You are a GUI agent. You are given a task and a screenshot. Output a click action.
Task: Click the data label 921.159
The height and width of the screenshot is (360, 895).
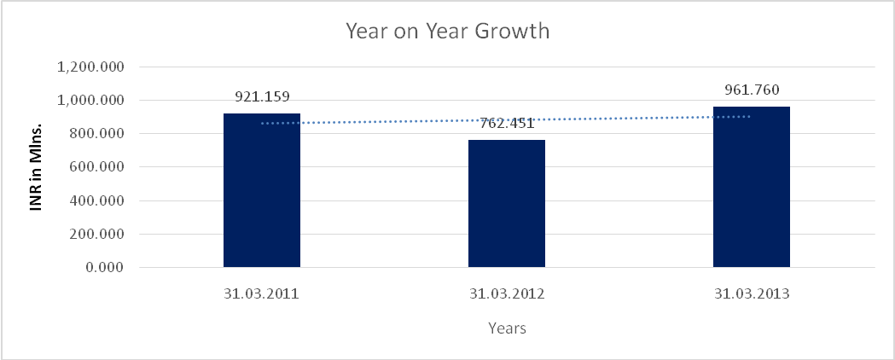(261, 96)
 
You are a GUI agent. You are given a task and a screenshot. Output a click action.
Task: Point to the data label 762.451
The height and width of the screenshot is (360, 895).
(507, 123)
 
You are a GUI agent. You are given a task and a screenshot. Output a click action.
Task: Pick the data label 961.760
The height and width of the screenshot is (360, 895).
(751, 90)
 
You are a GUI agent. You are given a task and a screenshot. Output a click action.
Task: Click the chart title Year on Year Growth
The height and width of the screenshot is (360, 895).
(447, 32)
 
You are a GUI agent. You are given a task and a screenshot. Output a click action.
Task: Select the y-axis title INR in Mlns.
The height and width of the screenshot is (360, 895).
(38, 167)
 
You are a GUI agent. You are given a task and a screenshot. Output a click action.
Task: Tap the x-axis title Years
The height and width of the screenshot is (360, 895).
(507, 328)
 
